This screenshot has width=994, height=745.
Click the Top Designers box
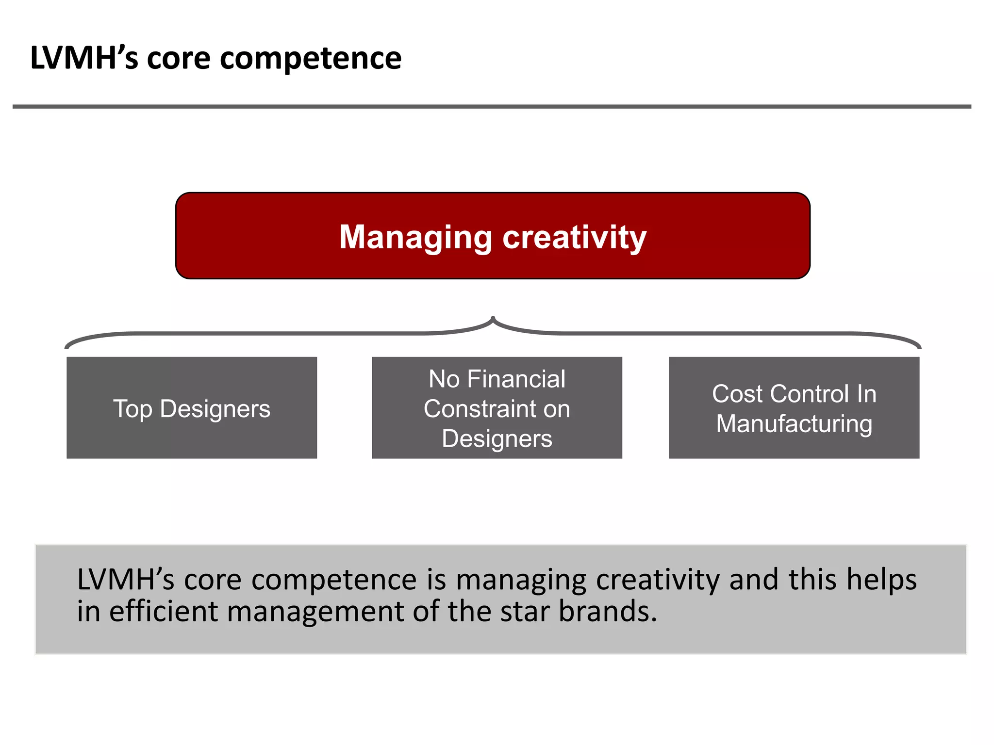coord(192,408)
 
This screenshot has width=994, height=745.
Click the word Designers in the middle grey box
coord(497,438)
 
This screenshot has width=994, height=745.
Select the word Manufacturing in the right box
coord(794,423)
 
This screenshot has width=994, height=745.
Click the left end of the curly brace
coord(67,346)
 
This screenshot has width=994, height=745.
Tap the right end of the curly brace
coord(919,346)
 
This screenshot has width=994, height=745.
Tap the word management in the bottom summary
coord(315,612)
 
